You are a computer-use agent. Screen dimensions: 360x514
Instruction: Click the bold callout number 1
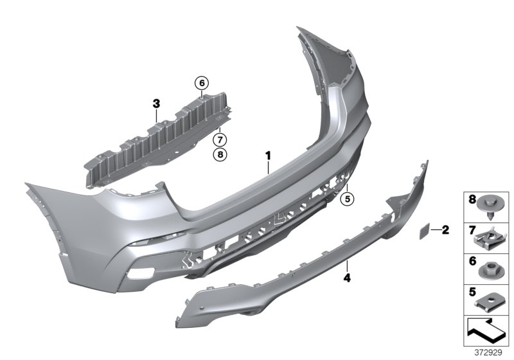[268, 154]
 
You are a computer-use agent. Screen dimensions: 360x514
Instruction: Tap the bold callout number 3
[156, 103]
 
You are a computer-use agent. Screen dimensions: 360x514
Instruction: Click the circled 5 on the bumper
[347, 199]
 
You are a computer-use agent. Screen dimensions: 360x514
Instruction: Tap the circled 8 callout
[220, 154]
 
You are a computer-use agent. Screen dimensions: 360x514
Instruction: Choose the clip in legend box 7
[491, 239]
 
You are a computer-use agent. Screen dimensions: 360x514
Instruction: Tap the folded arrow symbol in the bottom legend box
[487, 332]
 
